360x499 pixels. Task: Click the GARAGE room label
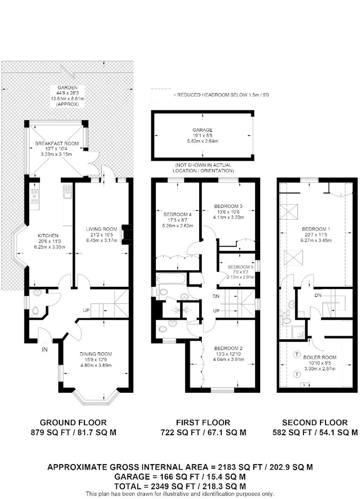(x=202, y=130)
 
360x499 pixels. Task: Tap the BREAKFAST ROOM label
(x=56, y=144)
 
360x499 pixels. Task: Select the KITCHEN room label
(x=48, y=236)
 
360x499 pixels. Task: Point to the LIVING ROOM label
(x=101, y=229)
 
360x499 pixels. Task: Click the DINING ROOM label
(x=95, y=354)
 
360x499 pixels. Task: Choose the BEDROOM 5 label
(x=241, y=266)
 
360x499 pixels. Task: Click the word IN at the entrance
(x=45, y=349)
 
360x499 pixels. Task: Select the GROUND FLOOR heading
(x=73, y=423)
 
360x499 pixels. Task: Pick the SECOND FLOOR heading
(x=315, y=423)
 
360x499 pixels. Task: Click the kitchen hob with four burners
(x=34, y=196)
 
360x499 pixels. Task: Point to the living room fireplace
(x=127, y=234)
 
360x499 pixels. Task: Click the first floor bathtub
(x=171, y=279)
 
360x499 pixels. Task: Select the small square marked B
(x=304, y=385)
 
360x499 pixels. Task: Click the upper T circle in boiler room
(x=297, y=354)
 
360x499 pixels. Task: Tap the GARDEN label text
(x=67, y=87)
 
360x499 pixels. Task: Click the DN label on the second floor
(x=318, y=295)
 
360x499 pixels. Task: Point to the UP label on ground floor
(x=86, y=310)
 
